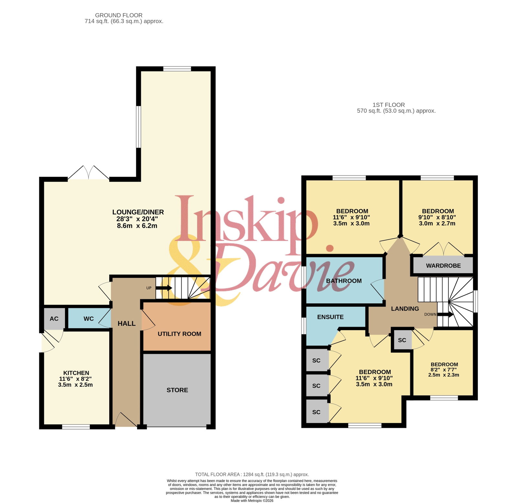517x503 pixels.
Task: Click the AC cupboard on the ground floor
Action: tap(54, 319)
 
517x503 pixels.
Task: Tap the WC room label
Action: tap(89, 319)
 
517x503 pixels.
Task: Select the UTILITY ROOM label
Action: tap(179, 334)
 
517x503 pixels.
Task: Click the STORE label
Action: tap(177, 390)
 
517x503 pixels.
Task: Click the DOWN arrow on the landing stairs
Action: tap(446, 314)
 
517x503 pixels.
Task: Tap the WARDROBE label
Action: tap(443, 266)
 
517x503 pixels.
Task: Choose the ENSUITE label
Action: tap(330, 317)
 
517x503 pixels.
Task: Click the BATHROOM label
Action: tap(344, 281)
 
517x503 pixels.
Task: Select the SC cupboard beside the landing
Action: tap(402, 340)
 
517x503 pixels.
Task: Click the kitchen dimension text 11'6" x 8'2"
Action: tap(75, 379)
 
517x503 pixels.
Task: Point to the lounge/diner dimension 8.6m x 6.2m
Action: tap(137, 226)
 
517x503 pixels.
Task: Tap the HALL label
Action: tap(127, 323)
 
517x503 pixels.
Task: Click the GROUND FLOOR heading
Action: tap(119, 15)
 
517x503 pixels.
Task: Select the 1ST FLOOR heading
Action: tap(389, 105)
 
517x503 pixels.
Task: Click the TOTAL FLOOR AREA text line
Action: tap(252, 474)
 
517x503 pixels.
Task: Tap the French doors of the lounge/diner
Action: tap(89, 173)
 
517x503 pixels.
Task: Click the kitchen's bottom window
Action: tap(76, 427)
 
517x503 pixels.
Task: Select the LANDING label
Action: tap(405, 309)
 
